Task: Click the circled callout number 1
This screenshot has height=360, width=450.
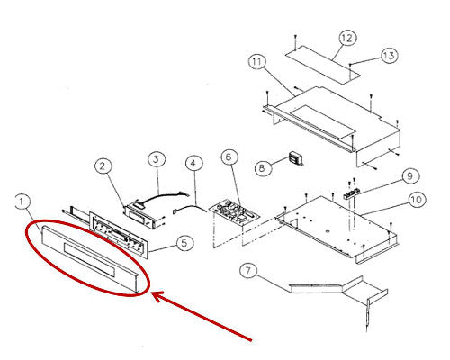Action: [x=22, y=202]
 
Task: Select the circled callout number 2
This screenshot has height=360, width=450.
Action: [x=103, y=166]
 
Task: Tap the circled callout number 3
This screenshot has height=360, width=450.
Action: [x=157, y=159]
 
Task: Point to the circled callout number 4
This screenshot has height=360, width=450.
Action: [x=194, y=164]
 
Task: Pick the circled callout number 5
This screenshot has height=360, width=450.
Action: [x=184, y=243]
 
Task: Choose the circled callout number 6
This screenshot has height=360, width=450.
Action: [x=229, y=157]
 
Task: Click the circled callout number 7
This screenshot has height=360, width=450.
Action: [x=248, y=271]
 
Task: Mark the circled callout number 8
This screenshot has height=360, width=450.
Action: [x=263, y=167]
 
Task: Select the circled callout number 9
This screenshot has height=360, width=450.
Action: [x=410, y=176]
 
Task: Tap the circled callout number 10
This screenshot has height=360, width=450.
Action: [x=417, y=199]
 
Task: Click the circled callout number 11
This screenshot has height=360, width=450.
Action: [x=257, y=62]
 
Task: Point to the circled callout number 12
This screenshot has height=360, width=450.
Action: [x=347, y=38]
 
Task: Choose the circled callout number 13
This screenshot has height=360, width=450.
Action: [x=390, y=55]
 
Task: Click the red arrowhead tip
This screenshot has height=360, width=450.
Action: [x=152, y=292]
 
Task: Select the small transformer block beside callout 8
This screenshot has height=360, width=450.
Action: [x=296, y=159]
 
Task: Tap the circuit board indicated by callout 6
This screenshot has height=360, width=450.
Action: [x=235, y=213]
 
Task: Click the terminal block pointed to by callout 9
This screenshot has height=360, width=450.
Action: [x=353, y=193]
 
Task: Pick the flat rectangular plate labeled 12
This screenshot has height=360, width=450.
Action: [x=322, y=64]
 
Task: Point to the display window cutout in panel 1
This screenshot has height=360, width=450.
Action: [x=89, y=259]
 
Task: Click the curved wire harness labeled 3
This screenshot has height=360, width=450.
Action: [x=162, y=198]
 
